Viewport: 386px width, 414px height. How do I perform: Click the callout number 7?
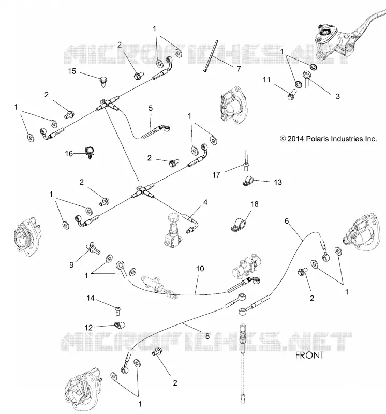click(239, 69)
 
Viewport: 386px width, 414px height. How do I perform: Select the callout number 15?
click(72, 71)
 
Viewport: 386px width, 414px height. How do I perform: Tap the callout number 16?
click(69, 153)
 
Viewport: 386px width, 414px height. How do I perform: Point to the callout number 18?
click(255, 204)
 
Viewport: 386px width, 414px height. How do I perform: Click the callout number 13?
click(278, 182)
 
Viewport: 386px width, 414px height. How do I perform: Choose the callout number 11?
click(266, 79)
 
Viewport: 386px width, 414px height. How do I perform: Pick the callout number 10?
click(200, 269)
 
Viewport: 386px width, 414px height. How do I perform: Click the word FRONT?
click(309, 355)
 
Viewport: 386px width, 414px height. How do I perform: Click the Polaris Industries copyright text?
click(328, 139)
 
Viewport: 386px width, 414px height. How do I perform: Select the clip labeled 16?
click(90, 153)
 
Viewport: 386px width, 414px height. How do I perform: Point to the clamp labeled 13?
click(247, 181)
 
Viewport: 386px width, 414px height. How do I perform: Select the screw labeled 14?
click(118, 310)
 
